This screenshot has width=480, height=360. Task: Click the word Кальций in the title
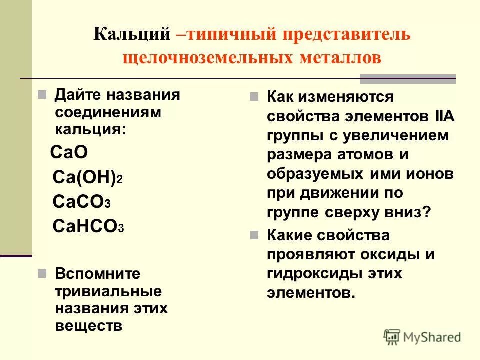click(x=131, y=34)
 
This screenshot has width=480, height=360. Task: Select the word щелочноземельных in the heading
click(x=206, y=57)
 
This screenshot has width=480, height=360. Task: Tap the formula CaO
click(x=69, y=152)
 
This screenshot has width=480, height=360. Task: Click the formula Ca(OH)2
click(x=87, y=177)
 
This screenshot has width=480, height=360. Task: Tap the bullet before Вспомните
click(x=42, y=274)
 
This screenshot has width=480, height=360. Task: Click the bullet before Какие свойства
click(x=255, y=234)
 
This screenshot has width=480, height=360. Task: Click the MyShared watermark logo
click(x=422, y=336)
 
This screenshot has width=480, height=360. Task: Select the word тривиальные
click(x=108, y=291)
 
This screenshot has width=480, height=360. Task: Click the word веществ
click(x=88, y=326)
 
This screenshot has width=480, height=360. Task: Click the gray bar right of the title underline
click(x=408, y=78)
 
